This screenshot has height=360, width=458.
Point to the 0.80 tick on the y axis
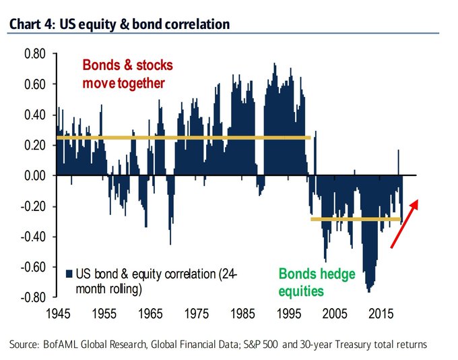click(34, 54)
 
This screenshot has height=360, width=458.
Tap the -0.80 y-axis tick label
click(32, 297)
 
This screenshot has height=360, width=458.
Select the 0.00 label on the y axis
click(34, 175)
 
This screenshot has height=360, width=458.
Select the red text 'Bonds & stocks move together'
click(128, 74)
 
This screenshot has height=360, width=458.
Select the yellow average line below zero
click(356, 219)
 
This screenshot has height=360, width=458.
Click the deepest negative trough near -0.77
click(368, 290)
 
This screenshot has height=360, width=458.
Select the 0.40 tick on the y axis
click(34, 115)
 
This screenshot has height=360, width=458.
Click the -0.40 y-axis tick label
click(32, 236)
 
